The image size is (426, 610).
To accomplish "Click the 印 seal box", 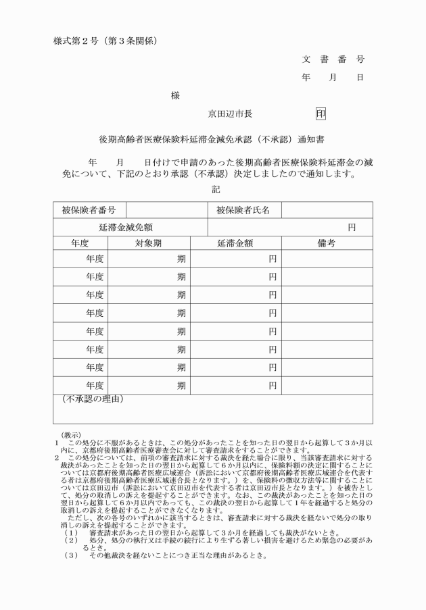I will [321, 113].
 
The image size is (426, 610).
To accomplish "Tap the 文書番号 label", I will [333, 59].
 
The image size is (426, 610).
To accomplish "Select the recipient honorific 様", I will [175, 97].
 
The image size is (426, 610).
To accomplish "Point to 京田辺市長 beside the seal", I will [231, 113].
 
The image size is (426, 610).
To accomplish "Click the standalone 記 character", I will [216, 190].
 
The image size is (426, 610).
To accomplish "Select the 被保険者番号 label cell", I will [89, 210].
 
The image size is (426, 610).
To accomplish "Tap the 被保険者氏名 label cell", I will [243, 210].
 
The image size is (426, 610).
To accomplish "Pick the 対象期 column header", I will [148, 243].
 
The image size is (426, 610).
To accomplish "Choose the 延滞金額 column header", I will [235, 243].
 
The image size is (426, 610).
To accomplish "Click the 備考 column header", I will [327, 243].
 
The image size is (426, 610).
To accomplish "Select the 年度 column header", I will [80, 243].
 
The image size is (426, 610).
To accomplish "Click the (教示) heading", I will [71, 435].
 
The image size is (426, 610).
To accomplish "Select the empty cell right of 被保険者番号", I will [166, 210].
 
